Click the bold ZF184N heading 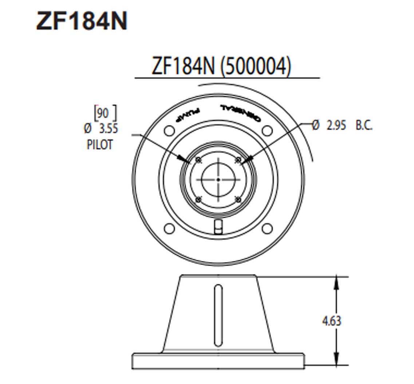click(82, 21)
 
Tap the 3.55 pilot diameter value click(108, 129)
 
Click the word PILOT click(99, 145)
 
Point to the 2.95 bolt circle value click(336, 126)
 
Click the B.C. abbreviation click(364, 126)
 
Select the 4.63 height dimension click(332, 321)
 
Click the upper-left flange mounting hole click(169, 130)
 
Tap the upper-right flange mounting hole click(267, 130)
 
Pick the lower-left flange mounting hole click(169, 228)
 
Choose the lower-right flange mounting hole click(267, 228)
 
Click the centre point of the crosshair click(218, 180)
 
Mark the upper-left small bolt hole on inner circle click(198, 160)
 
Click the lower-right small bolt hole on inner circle click(238, 199)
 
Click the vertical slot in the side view click(218, 315)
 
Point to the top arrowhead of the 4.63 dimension click(337, 282)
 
